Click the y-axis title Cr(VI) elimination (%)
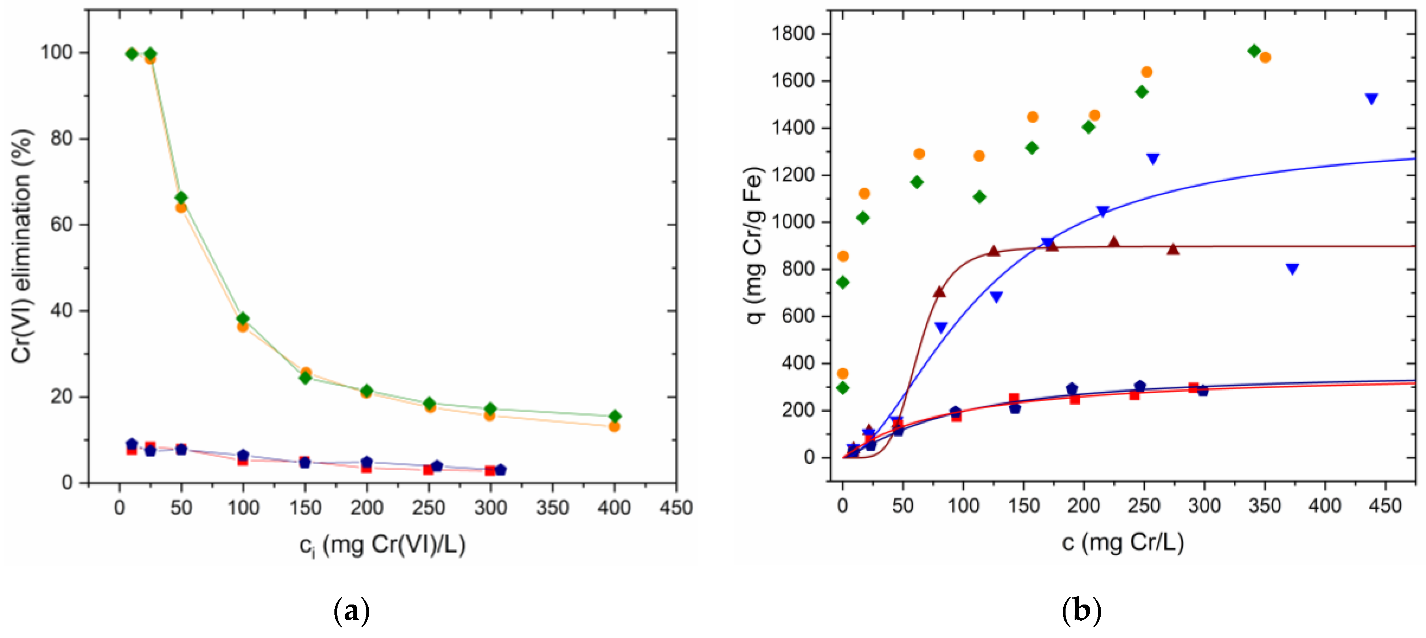pyautogui.click(x=22, y=246)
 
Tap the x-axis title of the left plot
pyautogui.click(x=382, y=545)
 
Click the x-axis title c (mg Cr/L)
pyautogui.click(x=1123, y=542)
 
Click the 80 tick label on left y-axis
pyautogui.click(x=62, y=138)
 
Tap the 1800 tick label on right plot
pyautogui.click(x=794, y=34)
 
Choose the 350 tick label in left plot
pyautogui.click(x=552, y=508)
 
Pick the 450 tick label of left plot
pyautogui.click(x=676, y=508)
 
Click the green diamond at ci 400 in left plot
pyautogui.click(x=614, y=416)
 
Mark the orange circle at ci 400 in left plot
pyautogui.click(x=614, y=427)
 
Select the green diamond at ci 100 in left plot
pyautogui.click(x=243, y=319)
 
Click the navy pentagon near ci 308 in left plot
pyautogui.click(x=500, y=470)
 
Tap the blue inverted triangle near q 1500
pyautogui.click(x=1371, y=99)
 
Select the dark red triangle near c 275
pyautogui.click(x=1173, y=249)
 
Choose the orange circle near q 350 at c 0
pyautogui.click(x=843, y=374)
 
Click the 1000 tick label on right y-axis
pyautogui.click(x=794, y=222)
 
